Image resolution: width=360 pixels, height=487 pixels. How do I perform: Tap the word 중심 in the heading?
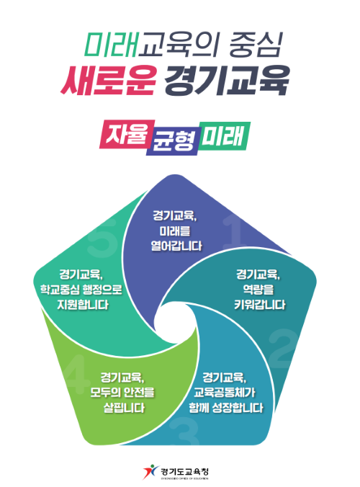tap(256, 45)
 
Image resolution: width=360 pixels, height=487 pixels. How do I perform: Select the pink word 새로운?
tap(108, 80)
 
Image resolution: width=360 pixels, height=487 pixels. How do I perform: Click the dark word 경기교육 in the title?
tap(227, 80)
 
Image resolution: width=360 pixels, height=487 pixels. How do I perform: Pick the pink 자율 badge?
tap(127, 134)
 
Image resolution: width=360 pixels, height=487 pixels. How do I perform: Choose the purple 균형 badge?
tap(173, 141)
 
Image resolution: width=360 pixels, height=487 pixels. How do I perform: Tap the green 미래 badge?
tap(224, 136)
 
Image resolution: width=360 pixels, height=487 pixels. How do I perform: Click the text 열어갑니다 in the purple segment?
tap(176, 246)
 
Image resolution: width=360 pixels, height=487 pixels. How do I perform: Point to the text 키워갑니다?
tap(260, 304)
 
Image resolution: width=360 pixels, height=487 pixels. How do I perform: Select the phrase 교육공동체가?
tap(225, 393)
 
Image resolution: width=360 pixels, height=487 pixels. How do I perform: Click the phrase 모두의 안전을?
tap(122, 393)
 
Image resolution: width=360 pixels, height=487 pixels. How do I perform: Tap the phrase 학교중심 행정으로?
tap(81, 290)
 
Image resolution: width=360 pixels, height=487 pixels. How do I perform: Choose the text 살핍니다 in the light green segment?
tap(124, 408)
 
